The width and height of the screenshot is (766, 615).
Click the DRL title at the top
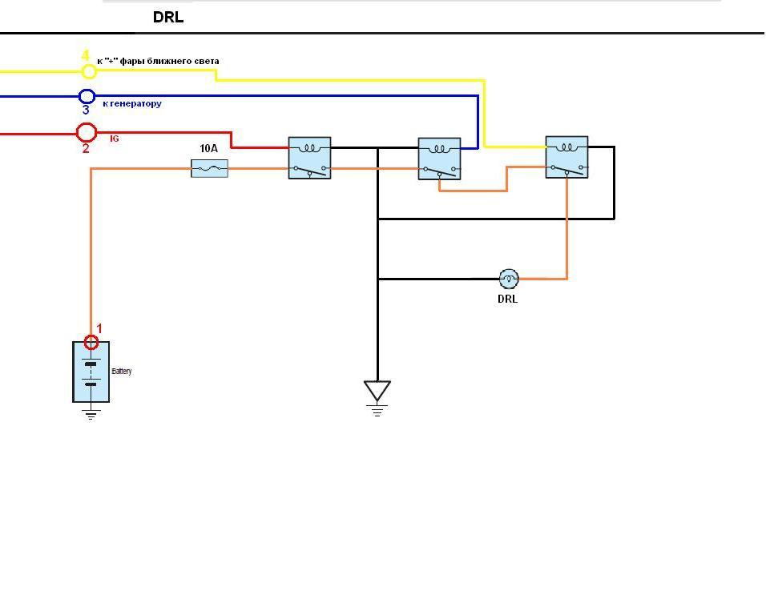(168, 18)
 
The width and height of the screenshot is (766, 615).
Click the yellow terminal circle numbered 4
(89, 71)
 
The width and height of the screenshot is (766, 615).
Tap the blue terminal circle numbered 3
(87, 97)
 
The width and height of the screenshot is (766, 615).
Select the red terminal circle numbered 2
(87, 132)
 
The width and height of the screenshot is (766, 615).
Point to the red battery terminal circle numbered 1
(91, 343)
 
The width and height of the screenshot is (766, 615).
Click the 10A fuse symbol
(209, 168)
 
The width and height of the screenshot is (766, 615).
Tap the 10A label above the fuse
(208, 149)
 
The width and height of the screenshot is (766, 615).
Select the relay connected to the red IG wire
(309, 158)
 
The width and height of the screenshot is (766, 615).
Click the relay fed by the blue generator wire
(439, 159)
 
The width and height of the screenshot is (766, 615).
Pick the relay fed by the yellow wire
(566, 157)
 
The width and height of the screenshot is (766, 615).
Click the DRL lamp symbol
(509, 279)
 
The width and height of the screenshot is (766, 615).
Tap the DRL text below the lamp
(507, 299)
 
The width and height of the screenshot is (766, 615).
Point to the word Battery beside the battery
(122, 372)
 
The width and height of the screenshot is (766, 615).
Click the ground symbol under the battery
(91, 414)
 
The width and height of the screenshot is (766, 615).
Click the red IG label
(115, 139)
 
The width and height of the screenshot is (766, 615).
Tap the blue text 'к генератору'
(132, 103)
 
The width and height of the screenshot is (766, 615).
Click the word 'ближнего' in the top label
(171, 61)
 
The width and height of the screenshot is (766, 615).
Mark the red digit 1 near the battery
(99, 328)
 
